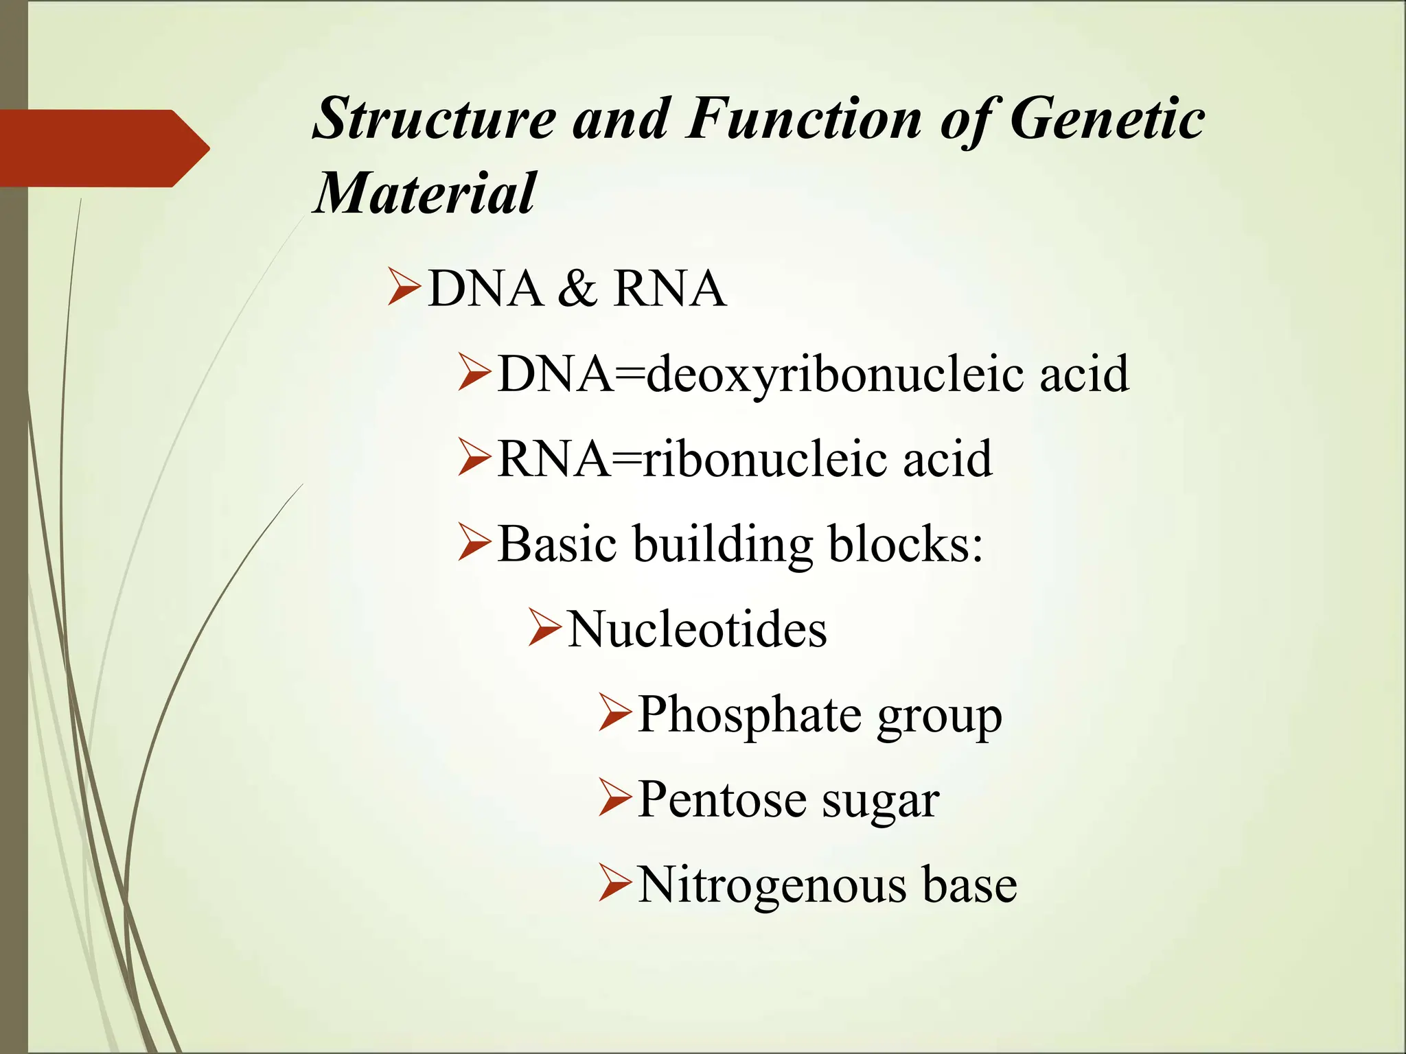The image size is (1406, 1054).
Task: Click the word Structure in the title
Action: point(434,119)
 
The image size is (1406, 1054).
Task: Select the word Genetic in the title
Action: point(1107,119)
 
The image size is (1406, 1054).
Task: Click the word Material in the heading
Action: point(424,194)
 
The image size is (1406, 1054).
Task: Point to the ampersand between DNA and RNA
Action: point(577,289)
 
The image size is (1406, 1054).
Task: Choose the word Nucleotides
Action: point(697,629)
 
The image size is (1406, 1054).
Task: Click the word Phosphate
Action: point(749,716)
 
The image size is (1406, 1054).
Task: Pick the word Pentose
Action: point(722,800)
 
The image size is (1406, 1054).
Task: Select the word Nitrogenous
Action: point(770,885)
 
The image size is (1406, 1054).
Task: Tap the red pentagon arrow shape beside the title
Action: point(103,148)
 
